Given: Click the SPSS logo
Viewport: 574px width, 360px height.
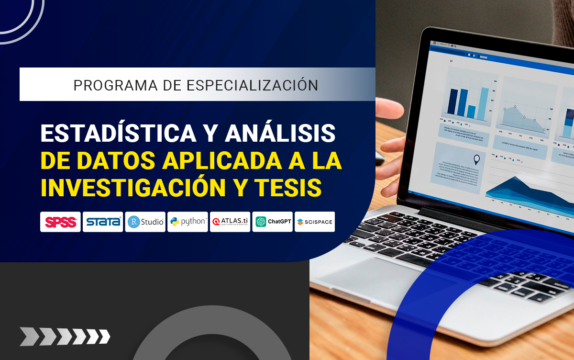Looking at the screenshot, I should [x=60, y=222].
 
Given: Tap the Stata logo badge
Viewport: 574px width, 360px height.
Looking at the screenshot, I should [x=103, y=222].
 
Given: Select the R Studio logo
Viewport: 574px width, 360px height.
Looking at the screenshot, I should [x=145, y=222].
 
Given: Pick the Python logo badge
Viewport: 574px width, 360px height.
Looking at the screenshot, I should [x=188, y=222].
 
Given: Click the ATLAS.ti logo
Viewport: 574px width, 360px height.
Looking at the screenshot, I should [x=230, y=222].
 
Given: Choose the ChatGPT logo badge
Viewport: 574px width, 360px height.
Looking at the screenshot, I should [x=273, y=222].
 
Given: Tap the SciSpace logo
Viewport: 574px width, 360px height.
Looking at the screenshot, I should [x=315, y=222].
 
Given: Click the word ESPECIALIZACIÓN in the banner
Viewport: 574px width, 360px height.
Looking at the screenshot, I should [x=252, y=85].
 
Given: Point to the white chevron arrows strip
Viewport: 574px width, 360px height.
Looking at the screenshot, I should [x=65, y=336].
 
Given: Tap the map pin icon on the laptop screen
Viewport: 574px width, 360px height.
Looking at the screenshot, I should [x=476, y=160].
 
